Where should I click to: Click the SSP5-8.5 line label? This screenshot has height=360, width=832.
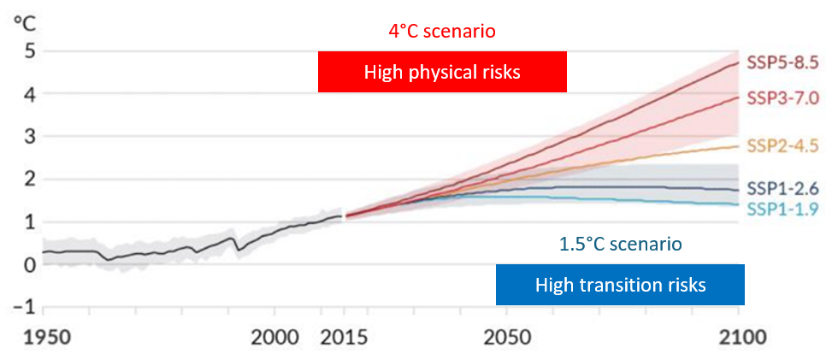point(783,62)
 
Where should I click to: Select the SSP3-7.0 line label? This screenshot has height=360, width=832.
point(783,98)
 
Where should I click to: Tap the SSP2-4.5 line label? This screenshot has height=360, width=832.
point(783,144)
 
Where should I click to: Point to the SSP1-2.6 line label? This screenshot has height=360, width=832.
point(783,188)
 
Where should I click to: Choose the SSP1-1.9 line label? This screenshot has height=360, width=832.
point(783,210)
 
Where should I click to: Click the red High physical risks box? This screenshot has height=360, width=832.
point(442,72)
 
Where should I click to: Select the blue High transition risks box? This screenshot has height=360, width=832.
point(620,285)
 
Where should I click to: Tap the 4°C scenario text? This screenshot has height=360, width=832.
point(442,31)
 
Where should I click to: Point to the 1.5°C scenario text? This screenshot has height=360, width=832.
point(620,244)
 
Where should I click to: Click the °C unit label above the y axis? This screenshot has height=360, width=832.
point(21,21)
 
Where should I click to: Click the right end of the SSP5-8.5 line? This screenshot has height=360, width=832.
point(737,62)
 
